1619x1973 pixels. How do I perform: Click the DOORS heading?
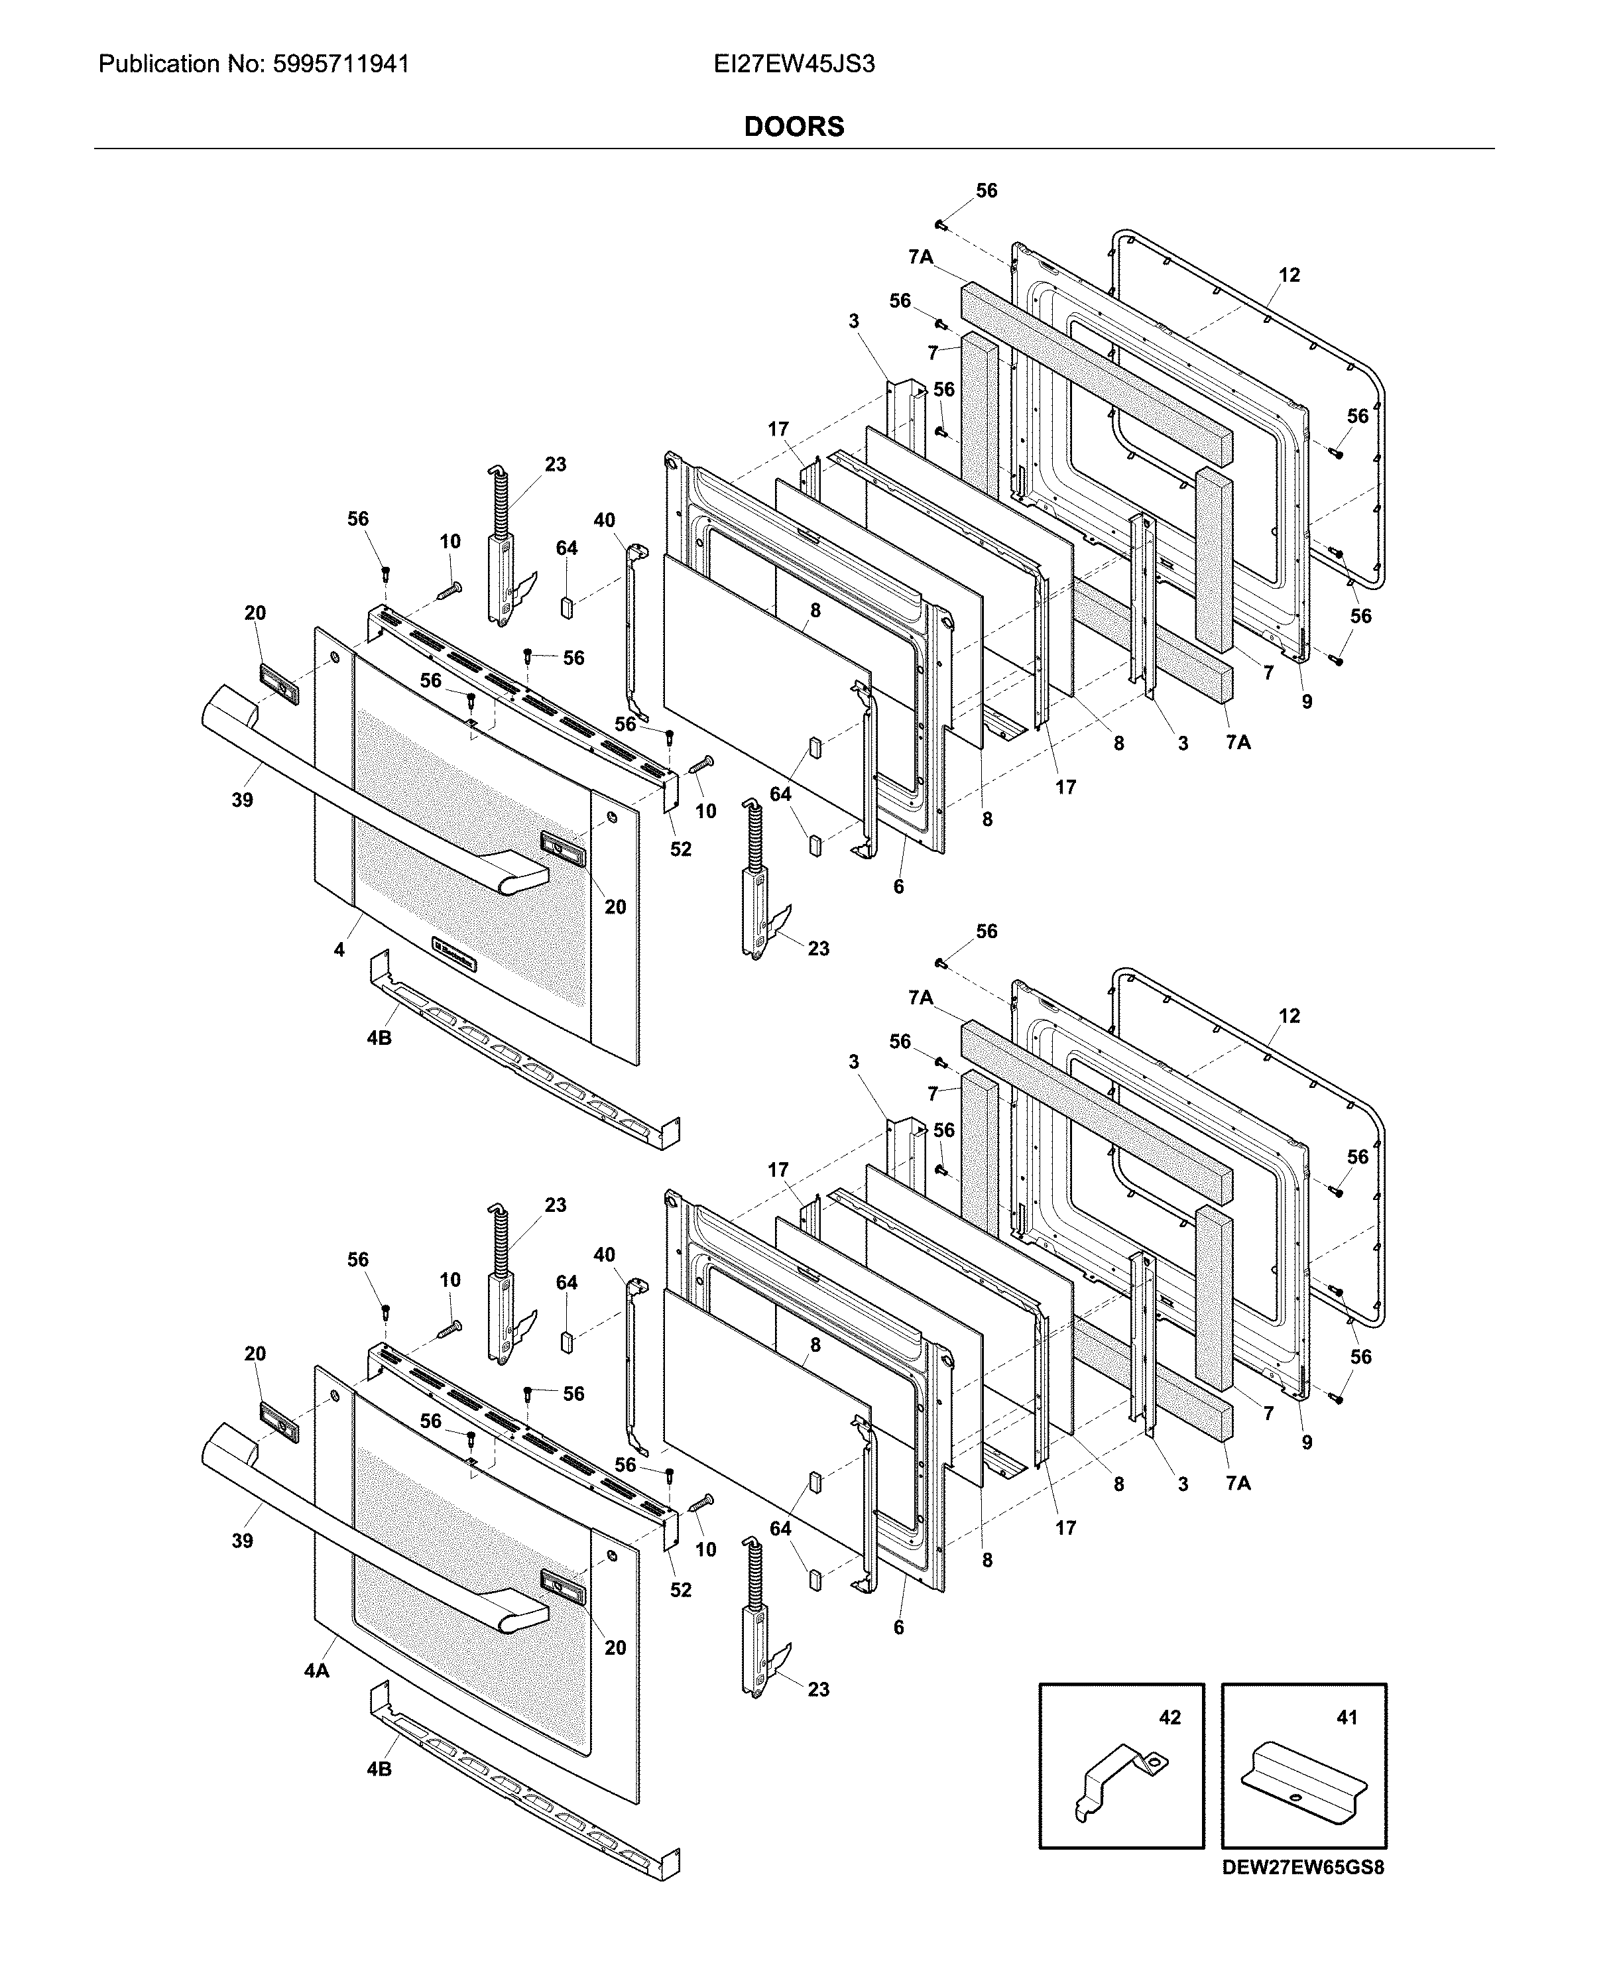click(x=794, y=127)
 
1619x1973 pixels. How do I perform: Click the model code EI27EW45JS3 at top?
click(x=794, y=64)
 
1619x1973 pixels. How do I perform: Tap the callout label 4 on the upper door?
click(x=339, y=949)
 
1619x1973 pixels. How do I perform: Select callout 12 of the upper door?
click(x=1289, y=275)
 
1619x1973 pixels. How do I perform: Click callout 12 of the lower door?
click(x=1289, y=1016)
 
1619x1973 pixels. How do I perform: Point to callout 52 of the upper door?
click(x=681, y=849)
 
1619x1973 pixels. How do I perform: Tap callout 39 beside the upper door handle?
click(x=243, y=800)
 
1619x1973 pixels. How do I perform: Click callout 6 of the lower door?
click(x=898, y=1627)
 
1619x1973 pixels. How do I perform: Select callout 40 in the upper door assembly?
click(x=605, y=520)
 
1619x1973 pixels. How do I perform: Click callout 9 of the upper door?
click(x=1307, y=702)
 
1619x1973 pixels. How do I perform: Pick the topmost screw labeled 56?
click(x=941, y=224)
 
